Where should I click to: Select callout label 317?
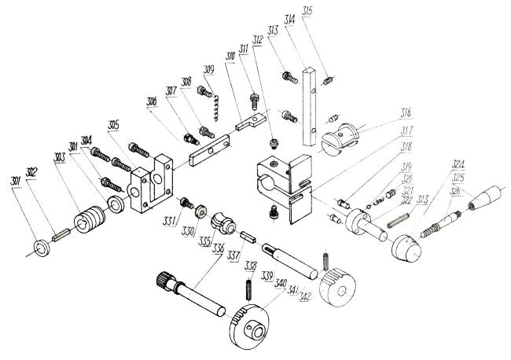click(407, 130)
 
